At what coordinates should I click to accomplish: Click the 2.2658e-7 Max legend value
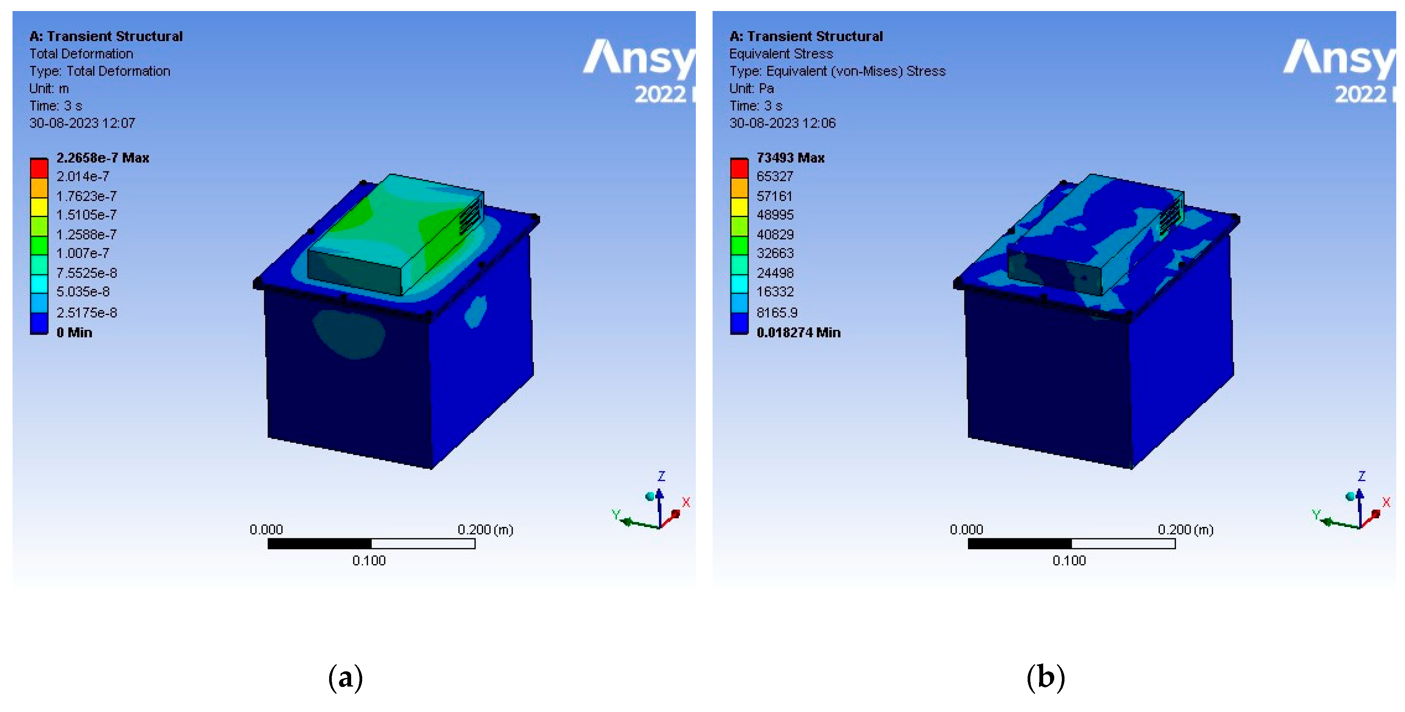pos(103,158)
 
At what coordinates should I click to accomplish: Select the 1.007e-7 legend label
pos(83,253)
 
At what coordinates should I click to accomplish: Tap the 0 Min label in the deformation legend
pos(74,332)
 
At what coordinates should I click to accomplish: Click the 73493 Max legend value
pos(790,158)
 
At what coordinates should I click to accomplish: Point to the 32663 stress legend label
pos(775,253)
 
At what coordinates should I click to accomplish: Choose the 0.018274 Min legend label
pos(798,332)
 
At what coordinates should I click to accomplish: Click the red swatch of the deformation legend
pos(39,168)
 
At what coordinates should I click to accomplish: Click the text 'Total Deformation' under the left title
pos(81,54)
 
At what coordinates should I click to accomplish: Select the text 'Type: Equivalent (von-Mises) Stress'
pos(837,71)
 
